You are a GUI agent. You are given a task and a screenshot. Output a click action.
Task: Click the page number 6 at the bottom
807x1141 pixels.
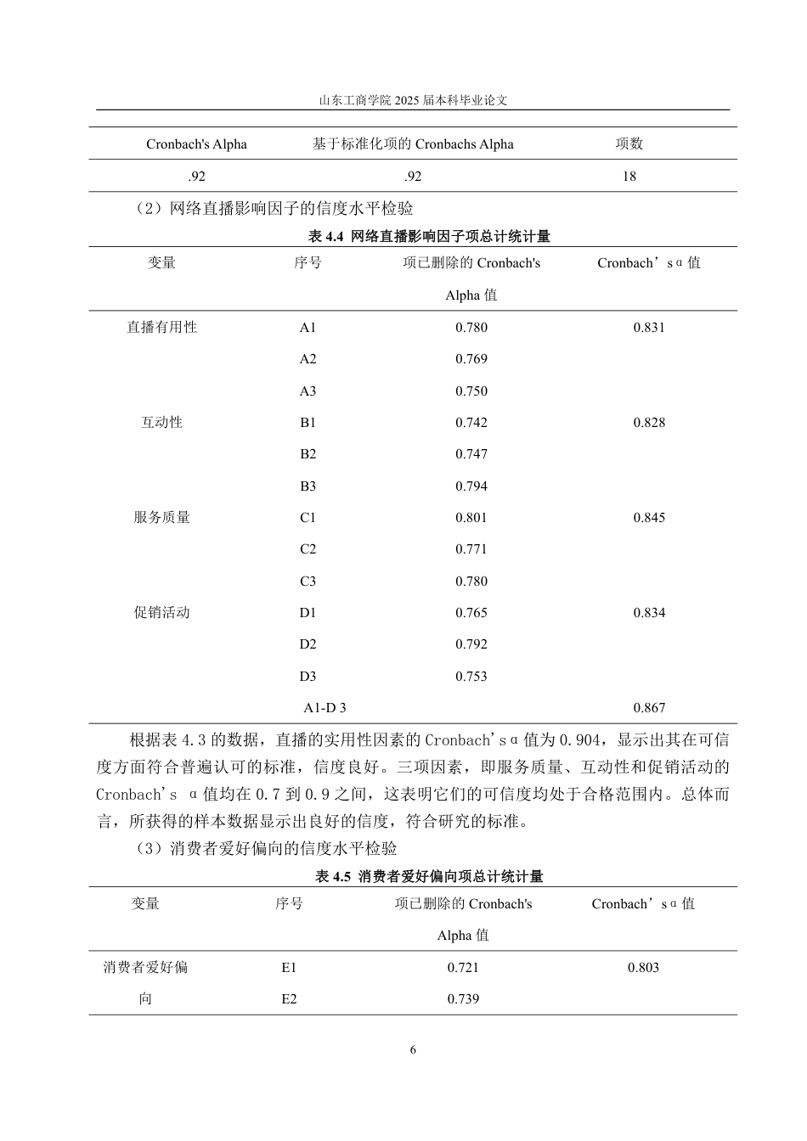[413, 1050]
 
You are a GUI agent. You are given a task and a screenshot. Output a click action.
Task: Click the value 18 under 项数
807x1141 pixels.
[629, 177]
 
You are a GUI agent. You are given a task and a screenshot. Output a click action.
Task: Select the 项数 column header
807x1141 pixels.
[629, 143]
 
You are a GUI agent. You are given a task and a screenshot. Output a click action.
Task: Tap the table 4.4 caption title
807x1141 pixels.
[428, 236]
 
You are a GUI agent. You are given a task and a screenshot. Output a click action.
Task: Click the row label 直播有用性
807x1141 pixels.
[161, 327]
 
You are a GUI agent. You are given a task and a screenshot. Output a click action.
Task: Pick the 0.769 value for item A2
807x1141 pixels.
[471, 359]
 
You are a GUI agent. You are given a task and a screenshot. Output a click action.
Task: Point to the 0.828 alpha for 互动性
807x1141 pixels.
[649, 423]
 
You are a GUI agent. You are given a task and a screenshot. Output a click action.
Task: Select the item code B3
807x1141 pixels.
[308, 486]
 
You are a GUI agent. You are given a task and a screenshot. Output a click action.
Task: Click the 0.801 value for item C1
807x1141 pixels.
[471, 518]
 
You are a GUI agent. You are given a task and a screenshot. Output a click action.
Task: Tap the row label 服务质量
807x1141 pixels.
[161, 518]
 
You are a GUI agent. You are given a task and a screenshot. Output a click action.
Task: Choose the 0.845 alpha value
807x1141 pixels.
[649, 518]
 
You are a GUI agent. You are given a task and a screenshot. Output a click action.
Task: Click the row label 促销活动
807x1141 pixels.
[161, 613]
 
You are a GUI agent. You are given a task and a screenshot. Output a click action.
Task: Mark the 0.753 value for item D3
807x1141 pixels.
[471, 677]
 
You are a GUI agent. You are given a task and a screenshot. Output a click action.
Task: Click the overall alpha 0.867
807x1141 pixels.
[649, 708]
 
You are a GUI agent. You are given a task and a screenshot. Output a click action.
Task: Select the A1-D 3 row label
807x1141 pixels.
[324, 708]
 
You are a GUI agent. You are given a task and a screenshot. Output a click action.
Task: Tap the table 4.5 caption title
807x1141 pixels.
[428, 877]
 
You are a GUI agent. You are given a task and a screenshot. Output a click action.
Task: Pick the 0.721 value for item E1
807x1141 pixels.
[463, 968]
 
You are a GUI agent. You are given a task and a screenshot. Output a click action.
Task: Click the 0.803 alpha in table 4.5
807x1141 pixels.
[643, 968]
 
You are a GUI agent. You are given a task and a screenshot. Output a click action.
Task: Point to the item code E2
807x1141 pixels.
[289, 999]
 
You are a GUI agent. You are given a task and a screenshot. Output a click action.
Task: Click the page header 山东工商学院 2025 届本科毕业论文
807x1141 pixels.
[413, 100]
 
